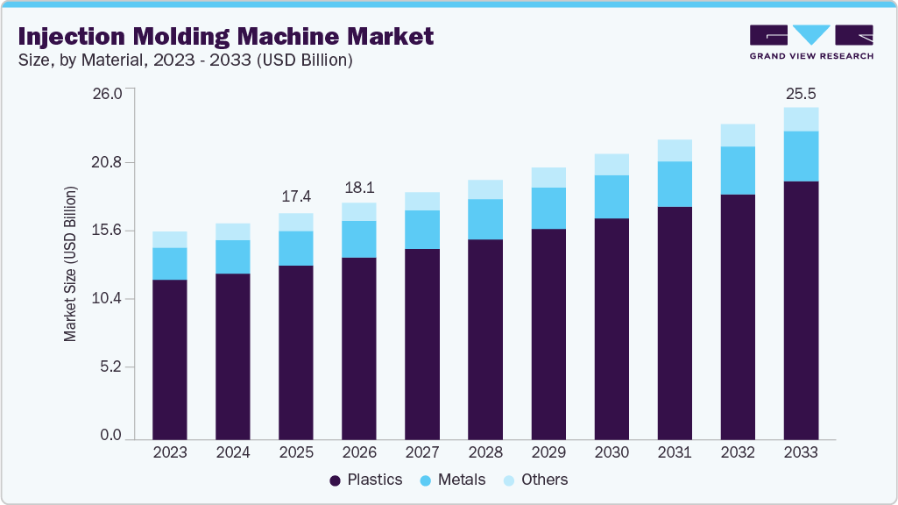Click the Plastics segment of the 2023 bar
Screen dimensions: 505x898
coord(170,359)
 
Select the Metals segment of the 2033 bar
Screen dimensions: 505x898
coord(801,156)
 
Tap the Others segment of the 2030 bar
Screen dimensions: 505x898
coord(612,165)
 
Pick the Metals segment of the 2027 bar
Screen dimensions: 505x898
coord(422,230)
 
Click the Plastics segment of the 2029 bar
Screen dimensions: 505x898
coord(548,333)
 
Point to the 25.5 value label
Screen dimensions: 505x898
coord(801,93)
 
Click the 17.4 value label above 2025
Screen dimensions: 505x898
coord(296,196)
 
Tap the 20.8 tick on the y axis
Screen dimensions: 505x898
coord(111,163)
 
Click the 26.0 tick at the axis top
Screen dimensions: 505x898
coord(111,93)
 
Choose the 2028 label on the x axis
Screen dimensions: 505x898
coord(485,452)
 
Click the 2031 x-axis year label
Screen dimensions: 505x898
coord(675,452)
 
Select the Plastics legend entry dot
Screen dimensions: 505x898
coord(336,480)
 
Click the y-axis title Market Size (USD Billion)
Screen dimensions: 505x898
coord(70,264)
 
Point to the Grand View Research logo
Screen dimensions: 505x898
coord(810,41)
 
